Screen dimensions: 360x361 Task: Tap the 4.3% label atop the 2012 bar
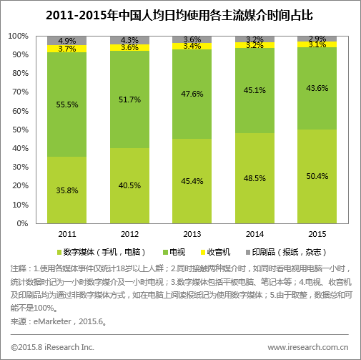point(129,40)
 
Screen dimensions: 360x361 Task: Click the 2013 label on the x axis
point(192,233)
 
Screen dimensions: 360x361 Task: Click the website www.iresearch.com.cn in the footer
point(308,346)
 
